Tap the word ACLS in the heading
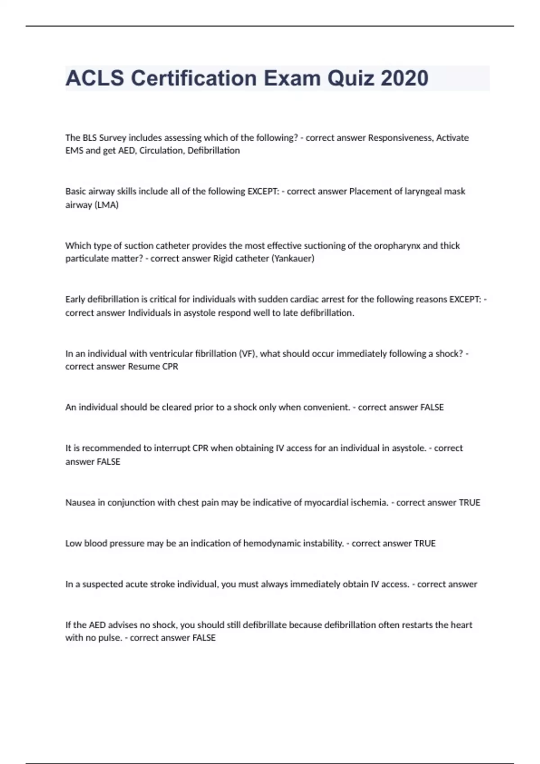coord(94,78)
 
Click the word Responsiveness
coord(400,138)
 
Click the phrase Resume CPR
coord(153,367)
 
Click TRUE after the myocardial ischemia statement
coord(469,502)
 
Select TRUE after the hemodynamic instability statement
coord(424,543)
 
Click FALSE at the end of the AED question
coord(204,638)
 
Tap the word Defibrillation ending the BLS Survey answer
coord(213,151)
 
